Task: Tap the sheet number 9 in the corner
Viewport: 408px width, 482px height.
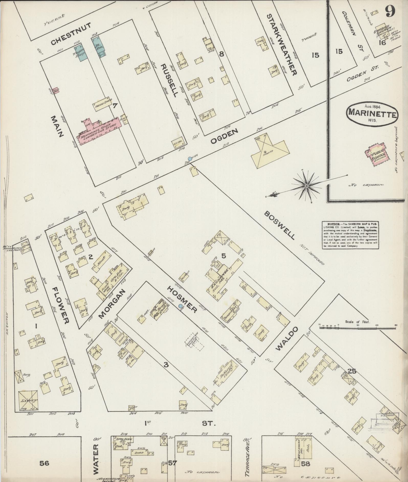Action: pos(390,11)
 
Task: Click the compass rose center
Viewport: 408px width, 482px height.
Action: pos(306,186)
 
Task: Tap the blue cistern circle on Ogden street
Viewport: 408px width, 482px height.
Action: pos(190,159)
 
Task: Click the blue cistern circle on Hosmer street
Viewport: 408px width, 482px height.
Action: pos(181,306)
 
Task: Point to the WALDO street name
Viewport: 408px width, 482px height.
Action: pos(287,338)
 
